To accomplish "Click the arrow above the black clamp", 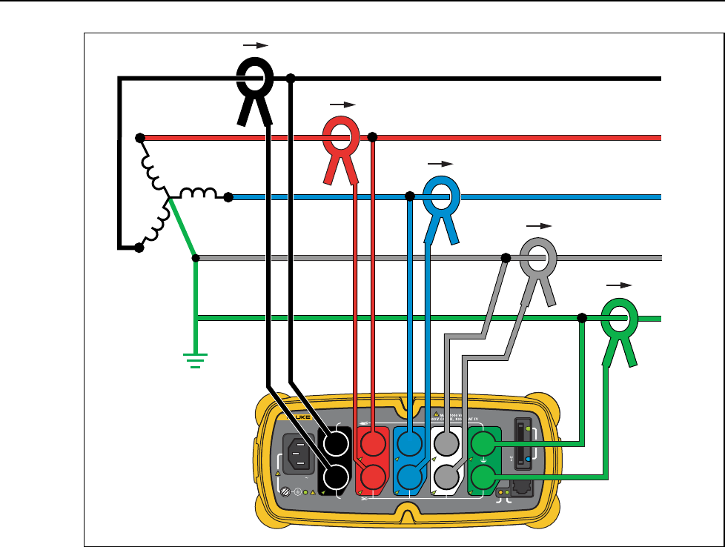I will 254,45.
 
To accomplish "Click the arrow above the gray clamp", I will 538,224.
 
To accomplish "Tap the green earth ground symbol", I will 196,362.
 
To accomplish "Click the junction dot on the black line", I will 291,79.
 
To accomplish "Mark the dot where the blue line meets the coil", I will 228,197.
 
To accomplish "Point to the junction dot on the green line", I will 582,318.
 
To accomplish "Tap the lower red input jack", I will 373,475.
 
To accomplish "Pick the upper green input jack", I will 483,445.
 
